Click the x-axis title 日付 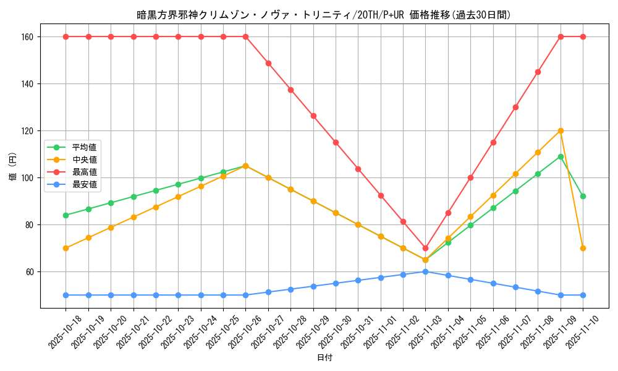[324, 358]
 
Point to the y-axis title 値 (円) [12, 166]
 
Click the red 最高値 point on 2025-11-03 [425, 248]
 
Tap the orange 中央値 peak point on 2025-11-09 [561, 130]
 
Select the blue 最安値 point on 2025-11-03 [425, 271]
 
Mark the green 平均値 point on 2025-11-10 [583, 196]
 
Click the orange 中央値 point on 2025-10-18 [66, 248]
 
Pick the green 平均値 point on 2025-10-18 [66, 215]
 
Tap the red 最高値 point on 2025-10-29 [313, 116]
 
